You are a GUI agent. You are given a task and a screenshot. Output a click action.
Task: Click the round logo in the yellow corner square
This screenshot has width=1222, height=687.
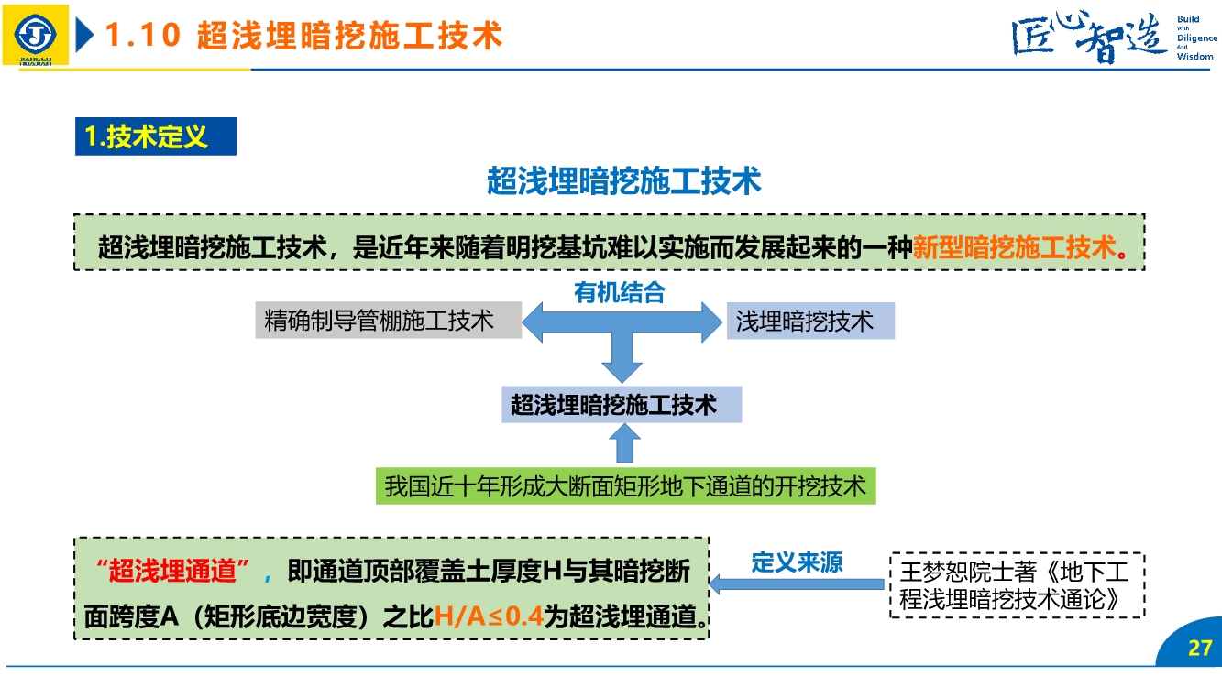tap(35, 34)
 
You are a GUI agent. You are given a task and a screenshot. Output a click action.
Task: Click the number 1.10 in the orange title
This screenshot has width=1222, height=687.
tap(142, 36)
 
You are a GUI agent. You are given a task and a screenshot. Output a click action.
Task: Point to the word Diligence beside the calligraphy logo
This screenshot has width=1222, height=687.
tap(1196, 38)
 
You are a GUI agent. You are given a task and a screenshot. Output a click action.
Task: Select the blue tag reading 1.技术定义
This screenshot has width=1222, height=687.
tap(155, 137)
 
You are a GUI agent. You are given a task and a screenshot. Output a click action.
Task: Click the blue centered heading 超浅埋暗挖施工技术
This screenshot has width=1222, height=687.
tap(623, 181)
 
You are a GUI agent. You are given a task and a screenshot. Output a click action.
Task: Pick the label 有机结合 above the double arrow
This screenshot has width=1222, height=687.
tap(619, 293)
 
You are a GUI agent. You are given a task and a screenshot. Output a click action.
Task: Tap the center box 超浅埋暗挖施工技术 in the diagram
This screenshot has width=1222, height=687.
tap(622, 404)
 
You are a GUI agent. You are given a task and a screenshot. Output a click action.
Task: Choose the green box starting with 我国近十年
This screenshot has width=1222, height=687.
tap(625, 485)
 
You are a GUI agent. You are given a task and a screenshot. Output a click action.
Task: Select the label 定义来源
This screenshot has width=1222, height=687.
tap(797, 562)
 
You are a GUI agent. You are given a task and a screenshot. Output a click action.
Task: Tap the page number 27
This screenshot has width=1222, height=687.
tap(1199, 649)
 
